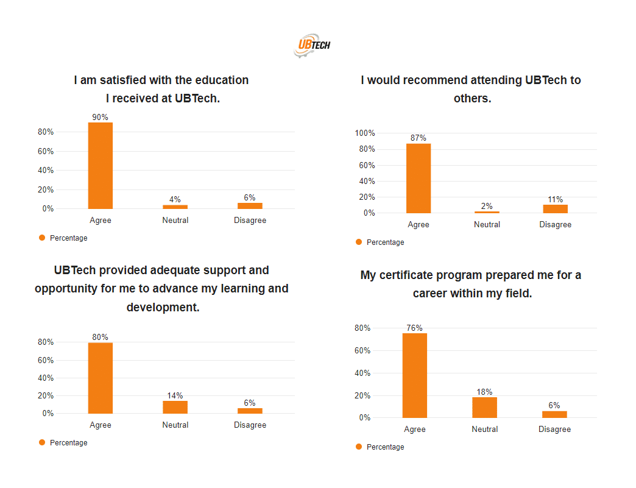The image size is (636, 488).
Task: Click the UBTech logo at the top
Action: tap(312, 45)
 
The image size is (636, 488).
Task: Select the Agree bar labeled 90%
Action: tap(100, 166)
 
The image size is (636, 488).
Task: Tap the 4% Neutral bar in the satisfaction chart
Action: tap(175, 207)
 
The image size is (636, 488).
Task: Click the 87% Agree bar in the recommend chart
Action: tap(419, 179)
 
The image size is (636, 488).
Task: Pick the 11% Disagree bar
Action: tap(556, 209)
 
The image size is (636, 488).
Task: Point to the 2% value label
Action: tap(487, 206)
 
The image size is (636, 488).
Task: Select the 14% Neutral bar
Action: tap(175, 407)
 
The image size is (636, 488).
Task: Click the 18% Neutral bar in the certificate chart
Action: tap(485, 408)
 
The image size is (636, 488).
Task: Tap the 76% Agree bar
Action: tap(414, 376)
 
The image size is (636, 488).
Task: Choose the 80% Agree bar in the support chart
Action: tap(100, 378)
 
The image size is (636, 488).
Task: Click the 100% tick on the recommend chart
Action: tap(365, 133)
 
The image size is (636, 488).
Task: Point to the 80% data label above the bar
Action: tap(100, 337)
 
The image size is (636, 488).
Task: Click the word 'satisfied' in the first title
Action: tap(123, 80)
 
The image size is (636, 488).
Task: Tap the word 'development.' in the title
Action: tap(163, 307)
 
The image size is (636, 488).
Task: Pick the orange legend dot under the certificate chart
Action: tap(359, 447)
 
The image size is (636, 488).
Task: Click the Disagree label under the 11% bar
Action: tap(556, 225)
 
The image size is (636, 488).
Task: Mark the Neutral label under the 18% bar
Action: tap(485, 429)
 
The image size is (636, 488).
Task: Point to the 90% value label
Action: tap(100, 117)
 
